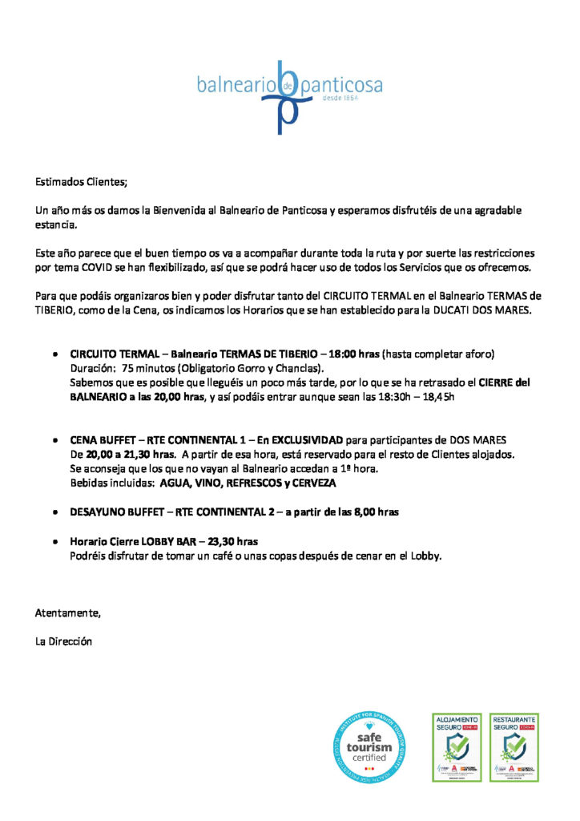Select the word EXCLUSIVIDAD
coord(308,441)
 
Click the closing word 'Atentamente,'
coord(68,613)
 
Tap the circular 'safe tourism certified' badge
coord(369,747)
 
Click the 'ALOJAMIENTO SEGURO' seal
coord(457,747)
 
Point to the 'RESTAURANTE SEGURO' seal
coord(514,747)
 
